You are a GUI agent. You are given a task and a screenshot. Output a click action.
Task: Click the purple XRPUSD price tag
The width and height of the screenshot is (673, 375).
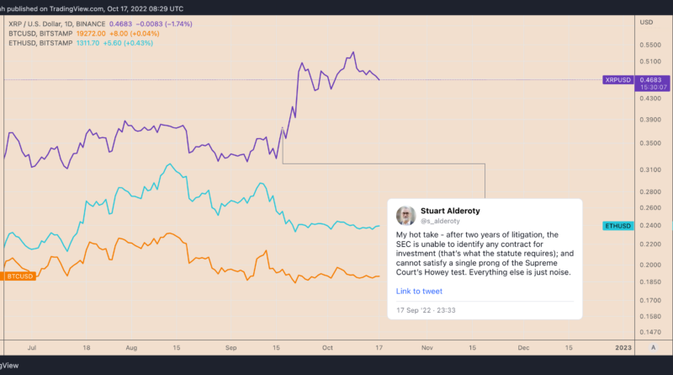619,80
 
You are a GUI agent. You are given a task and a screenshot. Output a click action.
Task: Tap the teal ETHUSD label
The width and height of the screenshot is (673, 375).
619,226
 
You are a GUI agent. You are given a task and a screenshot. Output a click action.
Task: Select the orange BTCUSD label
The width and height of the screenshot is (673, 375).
18,276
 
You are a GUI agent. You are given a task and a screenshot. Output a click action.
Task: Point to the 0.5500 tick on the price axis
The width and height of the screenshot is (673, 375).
650,44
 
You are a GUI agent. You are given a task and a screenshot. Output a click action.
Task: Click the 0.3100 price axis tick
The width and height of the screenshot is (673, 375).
650,170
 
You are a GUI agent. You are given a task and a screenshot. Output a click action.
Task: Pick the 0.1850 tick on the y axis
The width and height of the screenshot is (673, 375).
650,281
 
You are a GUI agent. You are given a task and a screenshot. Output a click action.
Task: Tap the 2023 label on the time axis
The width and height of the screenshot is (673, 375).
623,346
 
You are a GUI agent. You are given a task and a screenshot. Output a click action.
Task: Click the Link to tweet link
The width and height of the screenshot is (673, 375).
419,292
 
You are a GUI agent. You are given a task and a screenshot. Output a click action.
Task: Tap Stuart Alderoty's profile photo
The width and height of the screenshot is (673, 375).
405,215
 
